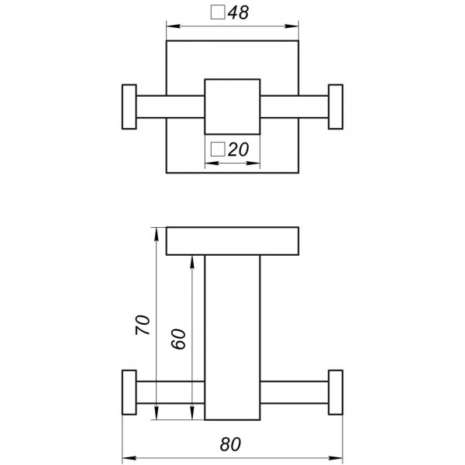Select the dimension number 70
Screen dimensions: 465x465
click(x=142, y=325)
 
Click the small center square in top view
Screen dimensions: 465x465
click(x=232, y=106)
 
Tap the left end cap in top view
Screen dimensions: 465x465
click(x=129, y=106)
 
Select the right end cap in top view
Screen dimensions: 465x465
click(x=336, y=106)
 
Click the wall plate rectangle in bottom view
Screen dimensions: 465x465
click(x=232, y=240)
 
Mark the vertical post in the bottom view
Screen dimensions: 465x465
click(x=232, y=337)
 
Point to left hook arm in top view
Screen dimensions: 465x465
click(x=170, y=106)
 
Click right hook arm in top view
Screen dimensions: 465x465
click(x=294, y=106)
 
